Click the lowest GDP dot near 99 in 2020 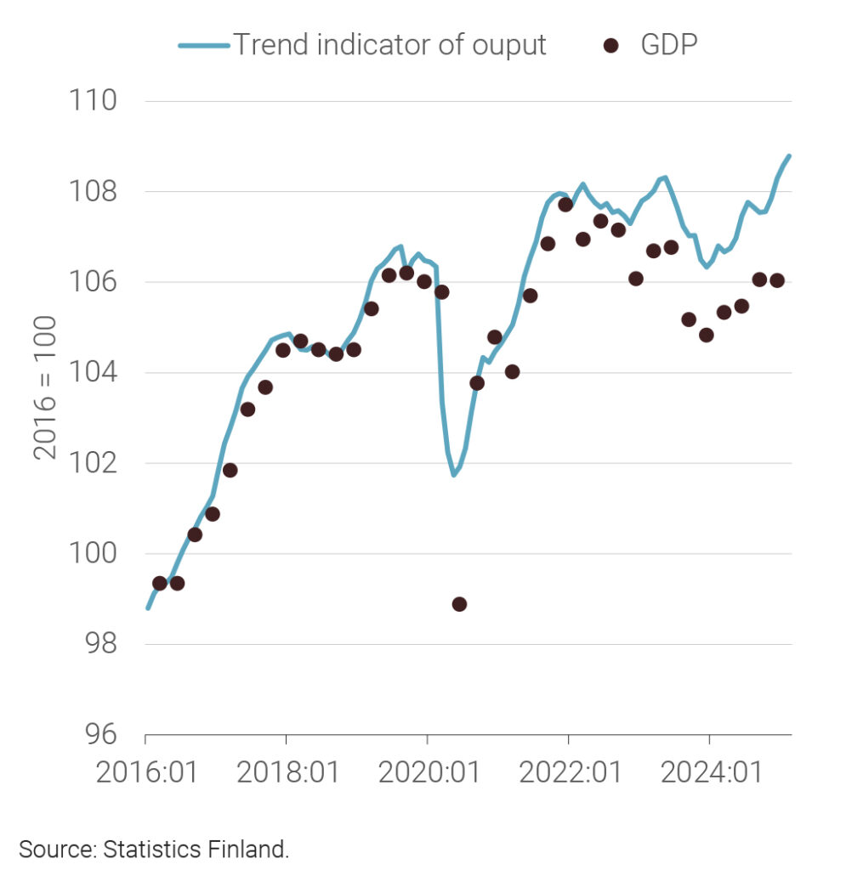pyautogui.click(x=459, y=604)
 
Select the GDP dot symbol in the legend pyautogui.click(x=610, y=45)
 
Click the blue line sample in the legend pyautogui.click(x=204, y=45)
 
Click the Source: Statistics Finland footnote pyautogui.click(x=154, y=849)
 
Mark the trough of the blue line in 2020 pyautogui.click(x=454, y=475)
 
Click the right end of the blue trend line pyautogui.click(x=790, y=155)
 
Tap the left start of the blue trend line pyautogui.click(x=147, y=608)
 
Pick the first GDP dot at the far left pyautogui.click(x=159, y=583)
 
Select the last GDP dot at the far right pyautogui.click(x=776, y=280)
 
